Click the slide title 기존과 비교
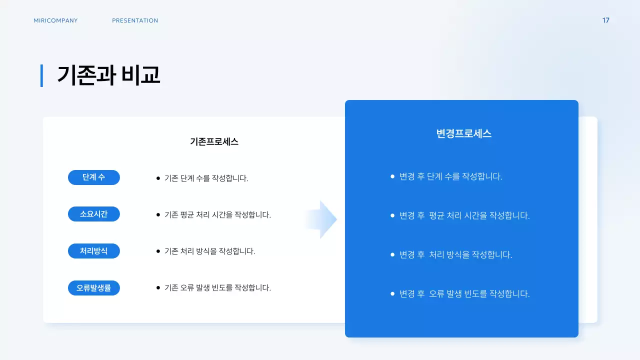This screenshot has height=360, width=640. (x=108, y=75)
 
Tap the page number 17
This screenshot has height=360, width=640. (x=605, y=20)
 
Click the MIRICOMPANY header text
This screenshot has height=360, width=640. (x=55, y=20)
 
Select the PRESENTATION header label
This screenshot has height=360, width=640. (x=135, y=20)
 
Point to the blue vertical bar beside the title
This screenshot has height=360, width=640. (x=41, y=75)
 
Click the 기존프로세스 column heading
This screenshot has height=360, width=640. (x=214, y=141)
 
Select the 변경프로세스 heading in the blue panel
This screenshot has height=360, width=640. (x=464, y=133)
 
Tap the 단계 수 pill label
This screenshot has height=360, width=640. (x=94, y=177)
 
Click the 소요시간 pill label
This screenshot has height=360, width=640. (x=94, y=214)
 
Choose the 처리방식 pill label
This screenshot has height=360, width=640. (x=94, y=251)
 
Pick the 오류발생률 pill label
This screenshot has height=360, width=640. (x=94, y=288)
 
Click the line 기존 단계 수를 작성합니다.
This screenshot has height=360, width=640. (x=206, y=178)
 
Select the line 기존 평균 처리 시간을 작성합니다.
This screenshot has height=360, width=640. (x=217, y=214)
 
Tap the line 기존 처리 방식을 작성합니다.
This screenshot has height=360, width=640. (x=209, y=251)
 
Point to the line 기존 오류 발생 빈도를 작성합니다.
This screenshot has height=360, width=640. (x=217, y=287)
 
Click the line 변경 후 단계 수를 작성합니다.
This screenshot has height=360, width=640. (x=450, y=176)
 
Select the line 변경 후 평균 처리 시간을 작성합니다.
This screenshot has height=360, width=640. (x=464, y=215)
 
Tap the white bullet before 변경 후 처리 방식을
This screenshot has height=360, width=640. (x=392, y=254)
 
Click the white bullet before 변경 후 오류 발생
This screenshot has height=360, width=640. (x=392, y=293)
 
